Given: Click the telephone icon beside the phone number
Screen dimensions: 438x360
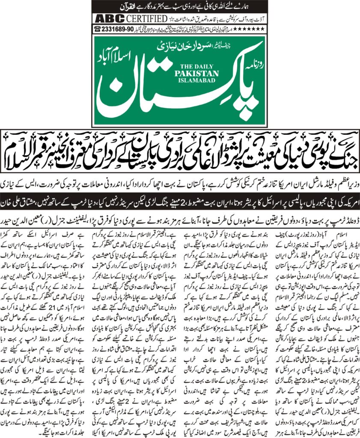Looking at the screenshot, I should coord(98,29).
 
